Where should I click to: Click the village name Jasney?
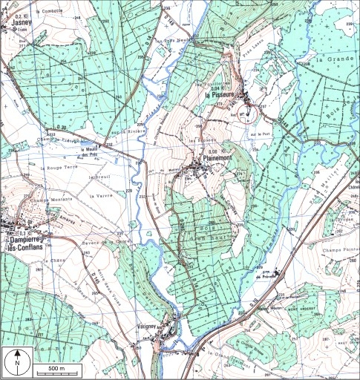click(x=17, y=23)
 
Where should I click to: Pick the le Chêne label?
click(x=52, y=261)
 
